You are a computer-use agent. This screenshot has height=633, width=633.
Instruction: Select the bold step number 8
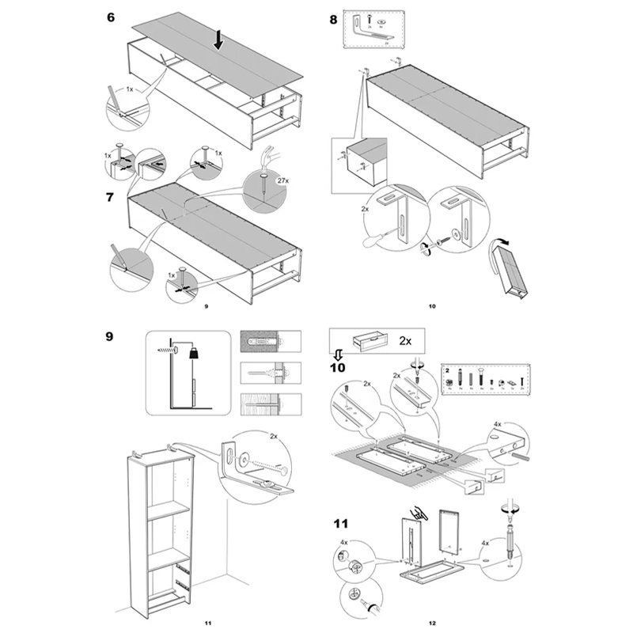pos(333,18)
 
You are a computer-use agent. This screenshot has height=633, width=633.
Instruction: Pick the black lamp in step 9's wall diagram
pos(193,354)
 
